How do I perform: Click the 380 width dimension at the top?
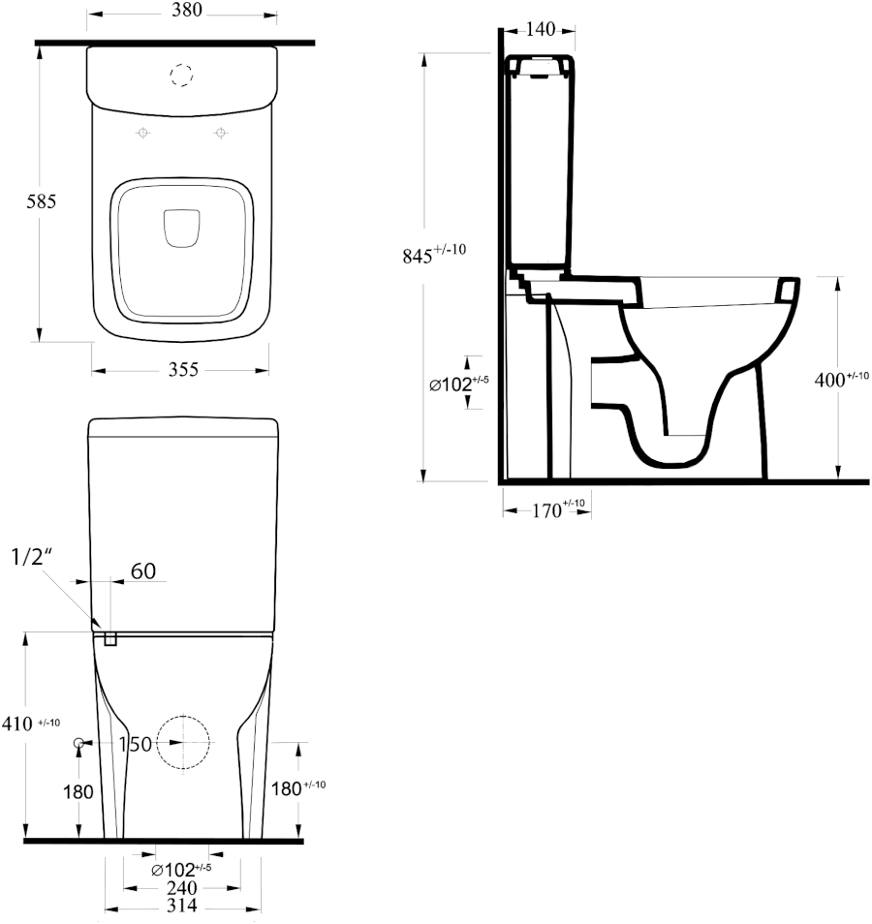[187, 10]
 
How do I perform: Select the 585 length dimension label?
[42, 201]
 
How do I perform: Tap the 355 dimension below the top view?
[183, 369]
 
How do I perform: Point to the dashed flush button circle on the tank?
[181, 75]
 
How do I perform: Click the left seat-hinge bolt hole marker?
[142, 134]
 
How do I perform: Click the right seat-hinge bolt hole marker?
[221, 134]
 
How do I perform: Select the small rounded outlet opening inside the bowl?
[181, 228]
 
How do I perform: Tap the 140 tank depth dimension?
[540, 29]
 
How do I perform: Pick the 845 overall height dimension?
[434, 254]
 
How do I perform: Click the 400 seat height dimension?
[841, 379]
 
